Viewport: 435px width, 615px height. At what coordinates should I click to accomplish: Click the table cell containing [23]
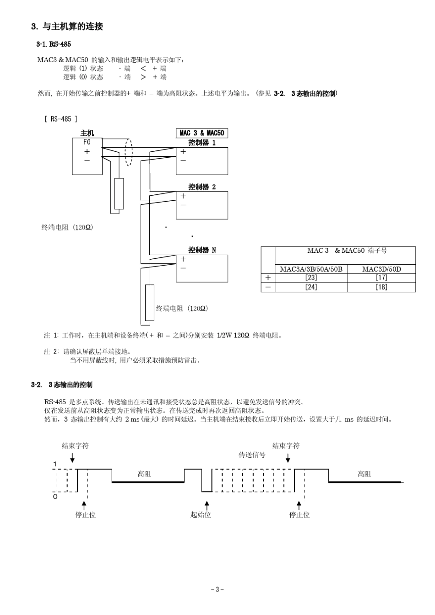(311, 278)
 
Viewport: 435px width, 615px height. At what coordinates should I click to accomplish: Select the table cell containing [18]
(381, 287)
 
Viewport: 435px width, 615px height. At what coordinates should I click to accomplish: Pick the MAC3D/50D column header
(381, 269)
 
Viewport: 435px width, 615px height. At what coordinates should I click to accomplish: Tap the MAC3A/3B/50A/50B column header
(311, 269)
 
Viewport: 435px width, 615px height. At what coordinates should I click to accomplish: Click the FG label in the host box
(87, 142)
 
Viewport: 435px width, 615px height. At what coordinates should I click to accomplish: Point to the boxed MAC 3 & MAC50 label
(202, 133)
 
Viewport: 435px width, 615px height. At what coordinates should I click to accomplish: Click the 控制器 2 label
(202, 187)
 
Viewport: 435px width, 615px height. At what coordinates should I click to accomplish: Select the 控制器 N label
(202, 250)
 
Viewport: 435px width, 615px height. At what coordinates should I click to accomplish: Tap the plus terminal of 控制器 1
(183, 151)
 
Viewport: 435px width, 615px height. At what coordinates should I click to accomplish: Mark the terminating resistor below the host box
(119, 193)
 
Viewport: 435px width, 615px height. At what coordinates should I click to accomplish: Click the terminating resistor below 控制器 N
(150, 303)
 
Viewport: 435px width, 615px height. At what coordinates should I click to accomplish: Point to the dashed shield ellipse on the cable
(128, 153)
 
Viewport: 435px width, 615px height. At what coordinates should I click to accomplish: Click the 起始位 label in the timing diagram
(201, 514)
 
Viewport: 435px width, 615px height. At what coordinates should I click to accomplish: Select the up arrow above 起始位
(207, 505)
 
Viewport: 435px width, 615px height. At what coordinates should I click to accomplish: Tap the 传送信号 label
(252, 455)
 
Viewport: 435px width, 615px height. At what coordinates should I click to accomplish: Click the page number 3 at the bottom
(217, 589)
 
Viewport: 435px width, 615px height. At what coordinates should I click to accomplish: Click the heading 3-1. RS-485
(53, 44)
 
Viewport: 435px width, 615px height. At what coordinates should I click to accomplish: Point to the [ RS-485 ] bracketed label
(61, 119)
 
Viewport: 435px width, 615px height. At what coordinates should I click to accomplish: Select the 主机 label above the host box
(87, 134)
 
